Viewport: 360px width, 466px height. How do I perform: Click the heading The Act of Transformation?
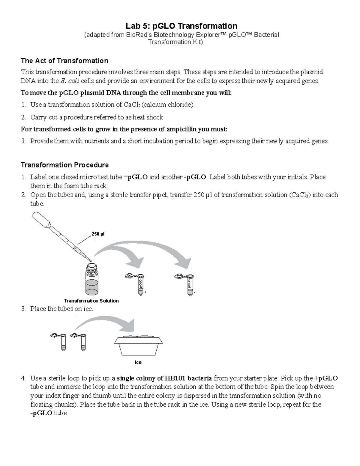point(64,61)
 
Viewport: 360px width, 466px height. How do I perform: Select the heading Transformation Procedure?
point(64,165)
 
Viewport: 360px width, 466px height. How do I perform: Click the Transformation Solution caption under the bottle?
point(91,301)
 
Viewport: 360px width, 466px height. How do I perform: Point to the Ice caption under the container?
point(138,362)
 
